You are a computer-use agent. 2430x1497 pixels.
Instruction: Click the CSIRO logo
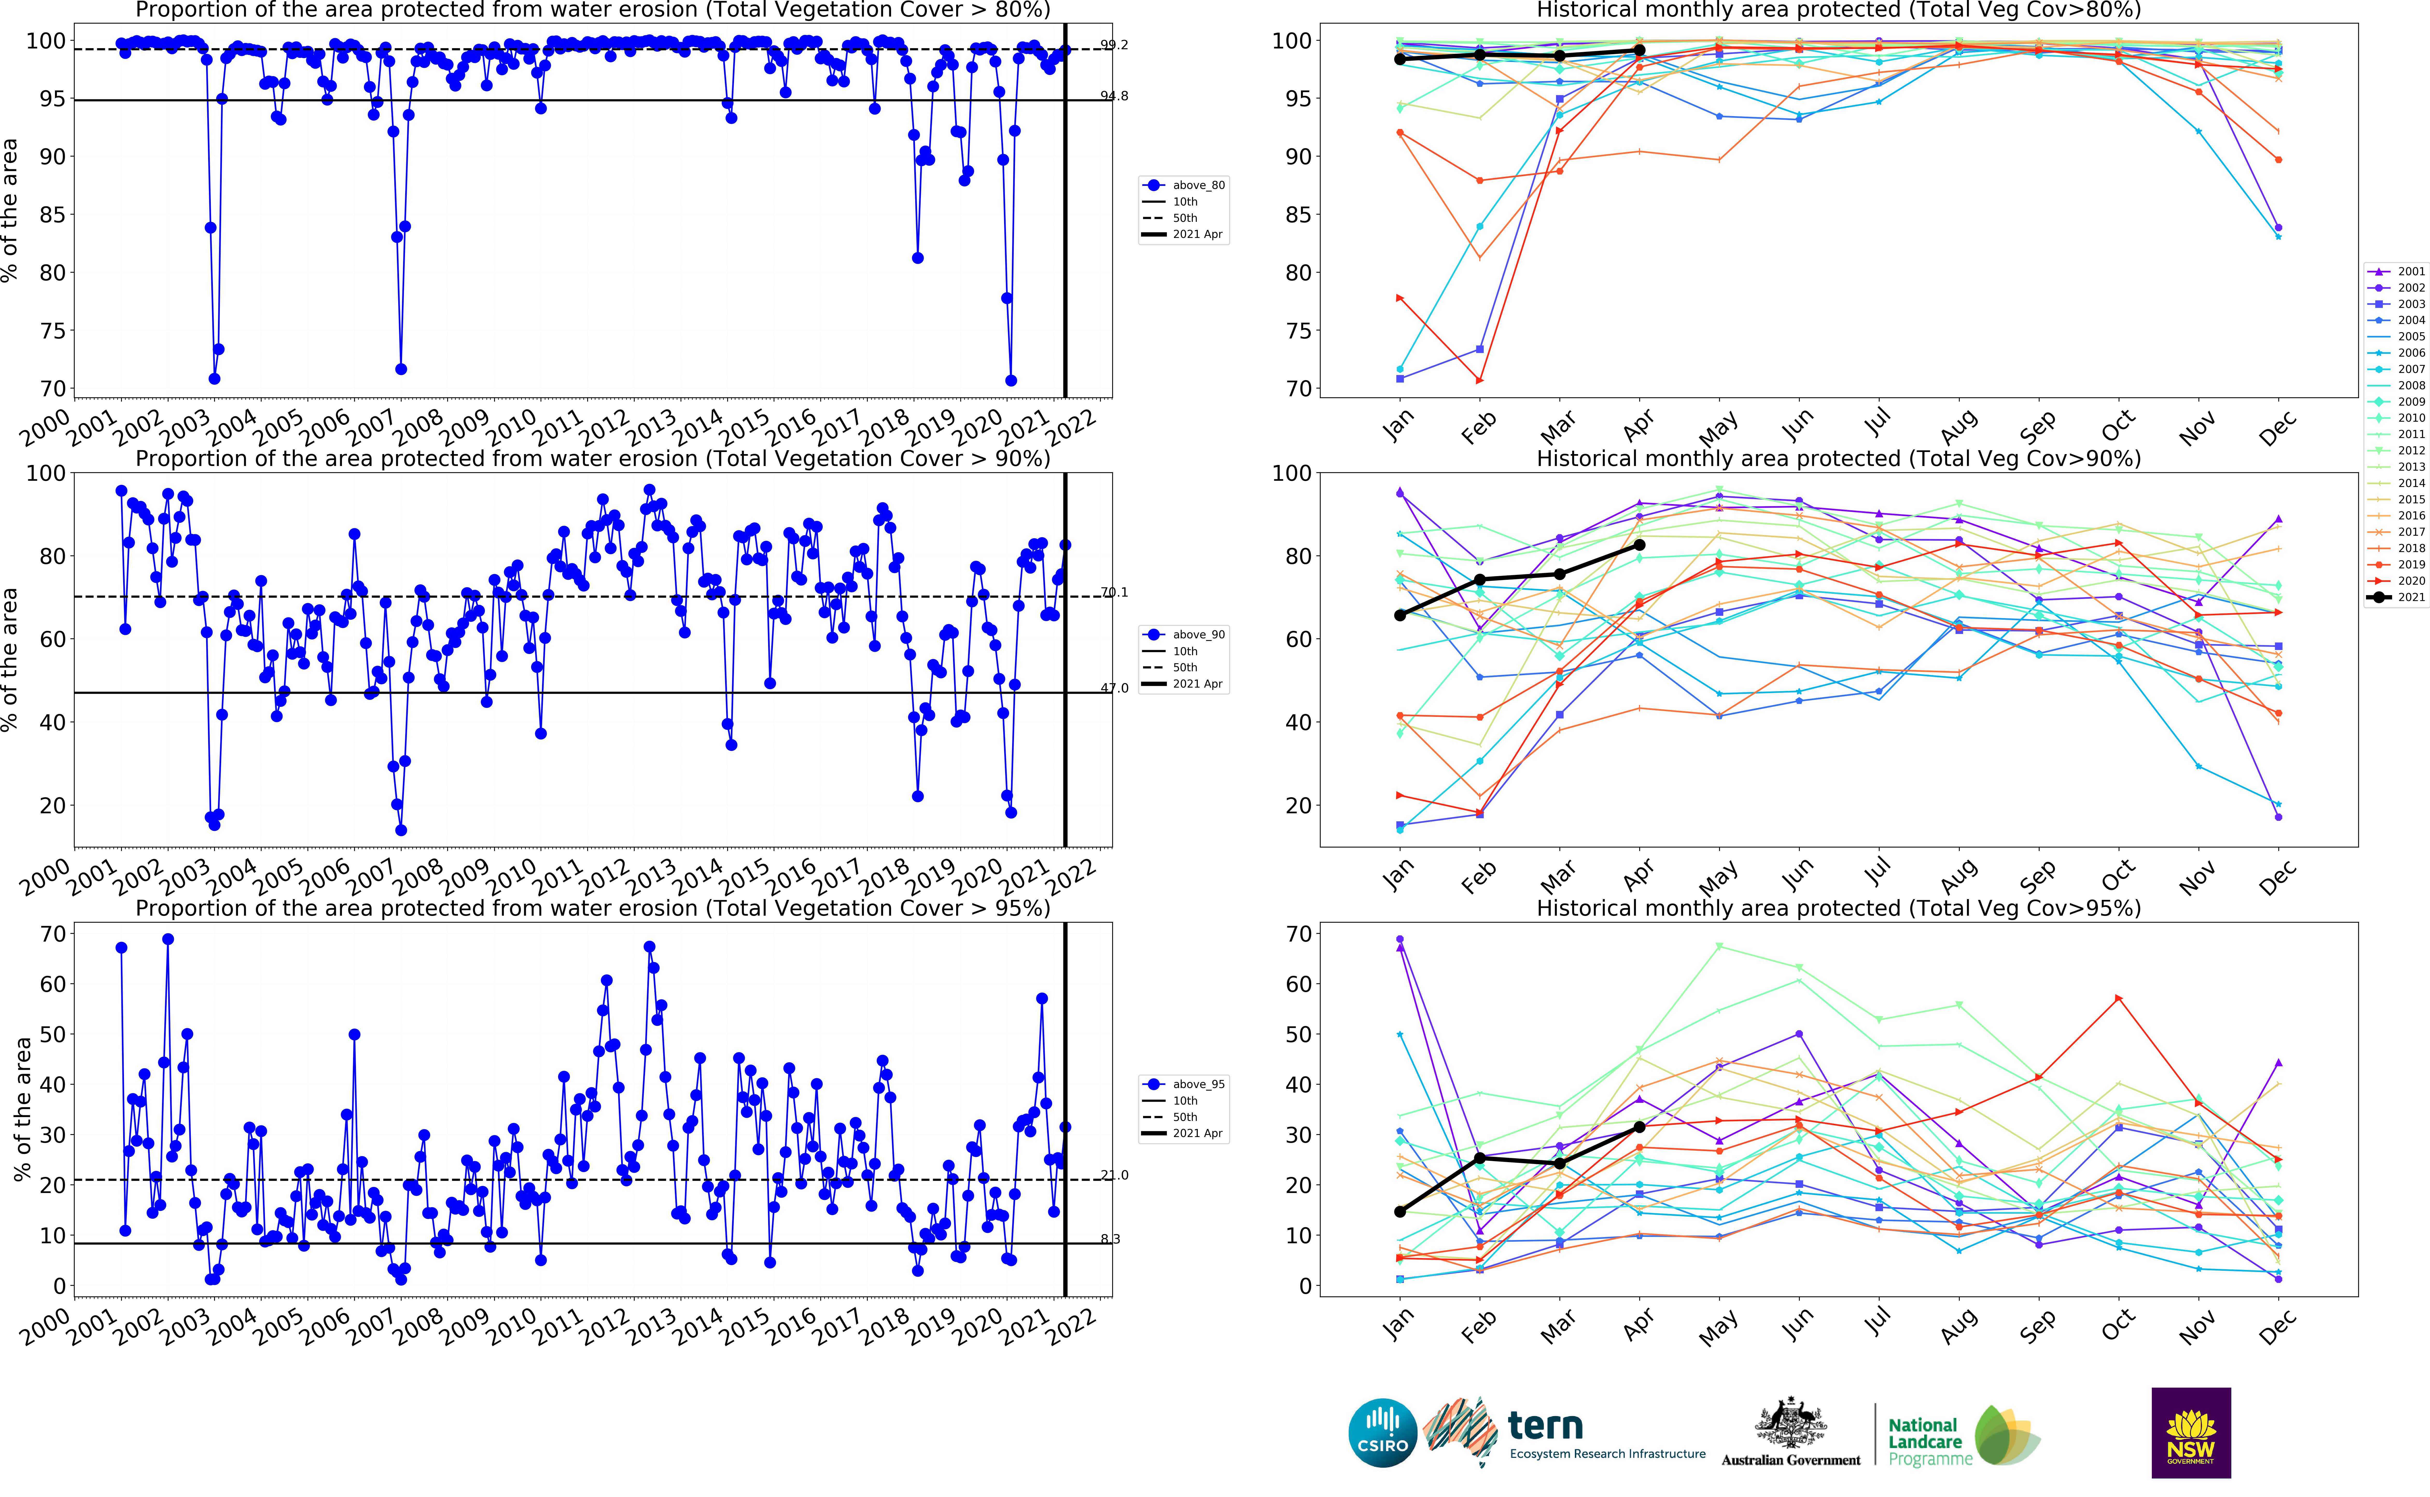[x=1382, y=1433]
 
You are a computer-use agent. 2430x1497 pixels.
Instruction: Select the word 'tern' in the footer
[x=1545, y=1426]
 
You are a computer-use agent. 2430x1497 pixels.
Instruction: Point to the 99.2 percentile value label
[x=1114, y=45]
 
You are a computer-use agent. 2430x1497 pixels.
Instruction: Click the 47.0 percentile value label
[x=1114, y=688]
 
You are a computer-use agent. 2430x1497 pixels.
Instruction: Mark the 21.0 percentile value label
[x=1114, y=1175]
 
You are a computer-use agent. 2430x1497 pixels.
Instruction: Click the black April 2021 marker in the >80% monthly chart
[x=1640, y=51]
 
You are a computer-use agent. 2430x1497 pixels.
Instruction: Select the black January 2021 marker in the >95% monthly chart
[x=1399, y=1212]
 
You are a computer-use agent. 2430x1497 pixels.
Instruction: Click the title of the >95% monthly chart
[x=1838, y=908]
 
